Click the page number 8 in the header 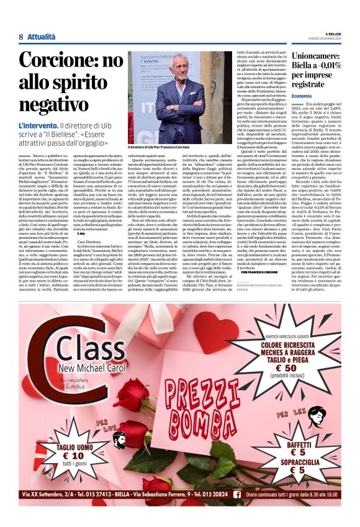(x=20, y=37)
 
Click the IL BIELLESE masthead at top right (x=333, y=32)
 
